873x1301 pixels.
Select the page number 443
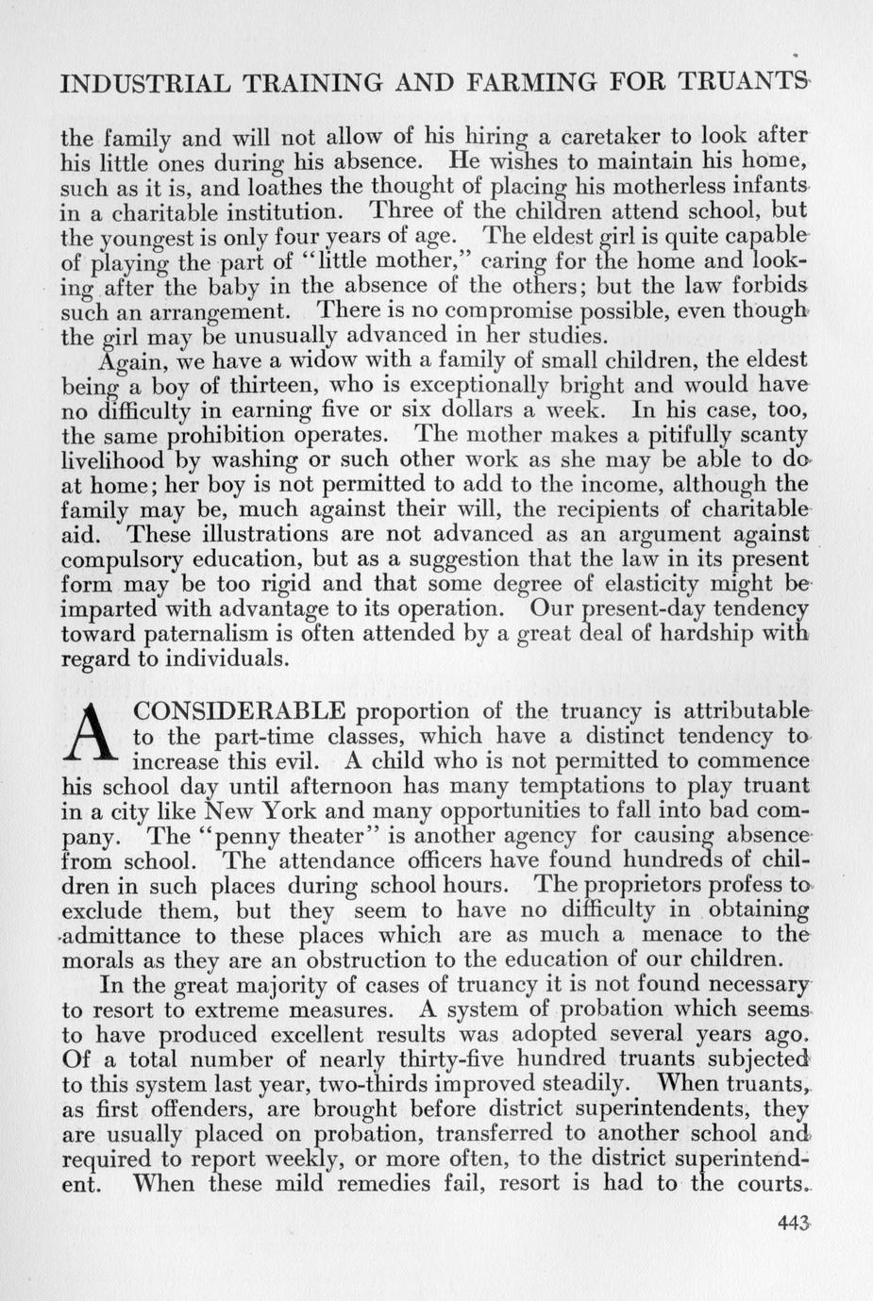pos(794,1223)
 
